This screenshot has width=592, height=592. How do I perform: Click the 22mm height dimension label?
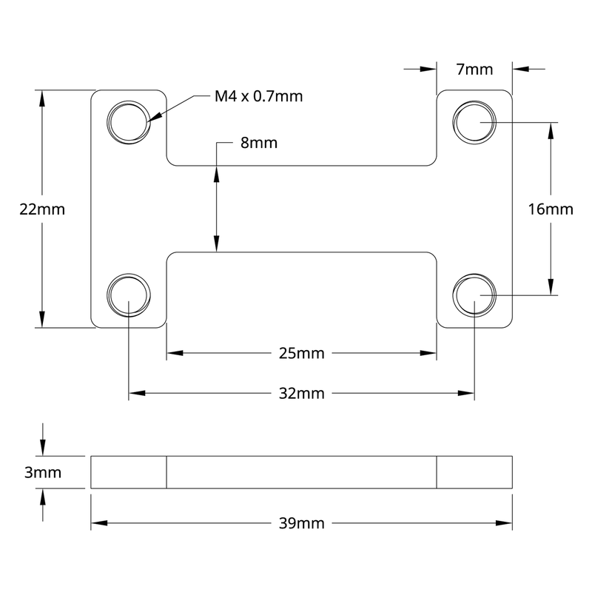42,209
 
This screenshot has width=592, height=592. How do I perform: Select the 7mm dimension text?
474,70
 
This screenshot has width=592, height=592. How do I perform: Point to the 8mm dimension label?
258,143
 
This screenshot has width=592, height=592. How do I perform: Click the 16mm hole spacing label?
551,209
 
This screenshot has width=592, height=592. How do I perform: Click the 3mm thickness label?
42,472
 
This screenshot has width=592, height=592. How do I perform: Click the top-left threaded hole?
129,121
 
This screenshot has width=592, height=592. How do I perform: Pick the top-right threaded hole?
474,121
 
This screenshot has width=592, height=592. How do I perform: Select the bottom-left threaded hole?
129,295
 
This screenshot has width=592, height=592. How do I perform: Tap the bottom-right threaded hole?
474,295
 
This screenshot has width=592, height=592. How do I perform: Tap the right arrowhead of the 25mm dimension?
428,354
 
